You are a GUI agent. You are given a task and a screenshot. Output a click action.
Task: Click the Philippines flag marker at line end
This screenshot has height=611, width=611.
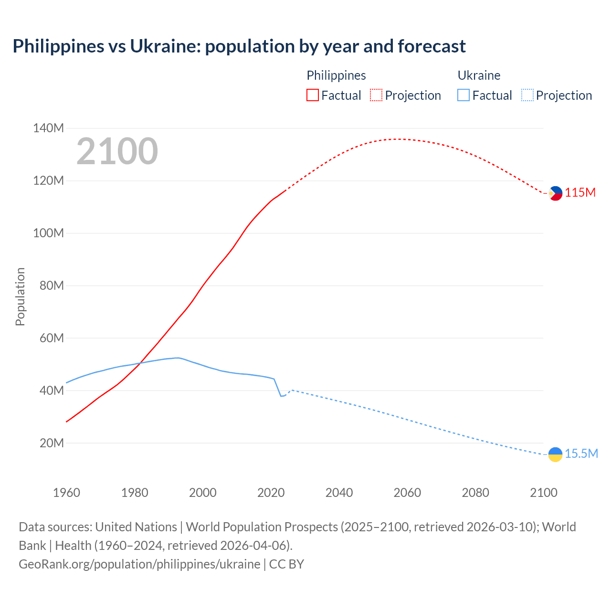tap(555, 193)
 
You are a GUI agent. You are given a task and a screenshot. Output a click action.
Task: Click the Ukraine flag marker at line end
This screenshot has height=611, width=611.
tap(555, 454)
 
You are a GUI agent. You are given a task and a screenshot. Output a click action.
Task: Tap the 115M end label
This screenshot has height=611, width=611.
tap(580, 192)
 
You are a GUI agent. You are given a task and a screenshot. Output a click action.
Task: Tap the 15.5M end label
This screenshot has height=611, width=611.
tap(581, 453)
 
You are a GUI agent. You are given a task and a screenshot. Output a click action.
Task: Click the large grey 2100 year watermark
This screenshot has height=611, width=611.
tap(117, 151)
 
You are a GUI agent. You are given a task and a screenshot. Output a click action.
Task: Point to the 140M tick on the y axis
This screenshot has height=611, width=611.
tap(48, 128)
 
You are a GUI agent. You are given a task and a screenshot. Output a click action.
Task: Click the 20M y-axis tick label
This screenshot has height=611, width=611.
tap(51, 443)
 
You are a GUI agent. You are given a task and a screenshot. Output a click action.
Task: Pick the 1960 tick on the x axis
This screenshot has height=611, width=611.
tap(66, 493)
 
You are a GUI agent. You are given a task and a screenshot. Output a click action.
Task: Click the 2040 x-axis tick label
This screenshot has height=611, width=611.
tap(339, 493)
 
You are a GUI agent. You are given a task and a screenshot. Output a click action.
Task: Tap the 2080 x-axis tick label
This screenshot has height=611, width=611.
tap(475, 493)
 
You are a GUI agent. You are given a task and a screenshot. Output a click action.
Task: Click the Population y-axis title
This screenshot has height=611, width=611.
tap(20, 296)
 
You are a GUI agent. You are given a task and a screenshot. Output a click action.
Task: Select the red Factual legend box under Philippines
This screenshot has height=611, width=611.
tap(312, 95)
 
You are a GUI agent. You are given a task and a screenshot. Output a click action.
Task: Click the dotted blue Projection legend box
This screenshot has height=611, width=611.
tap(527, 95)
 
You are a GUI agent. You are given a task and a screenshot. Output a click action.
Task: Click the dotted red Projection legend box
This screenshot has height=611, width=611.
tap(376, 95)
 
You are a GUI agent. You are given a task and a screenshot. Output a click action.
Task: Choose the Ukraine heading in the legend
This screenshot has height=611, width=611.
tap(479, 75)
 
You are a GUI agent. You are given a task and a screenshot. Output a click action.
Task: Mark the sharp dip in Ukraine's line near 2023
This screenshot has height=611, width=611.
tap(281, 396)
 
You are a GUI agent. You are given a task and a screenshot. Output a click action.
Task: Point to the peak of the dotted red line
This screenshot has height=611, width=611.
tap(398, 139)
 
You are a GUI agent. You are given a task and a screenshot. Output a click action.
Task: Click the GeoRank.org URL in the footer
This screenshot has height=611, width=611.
tap(139, 564)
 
